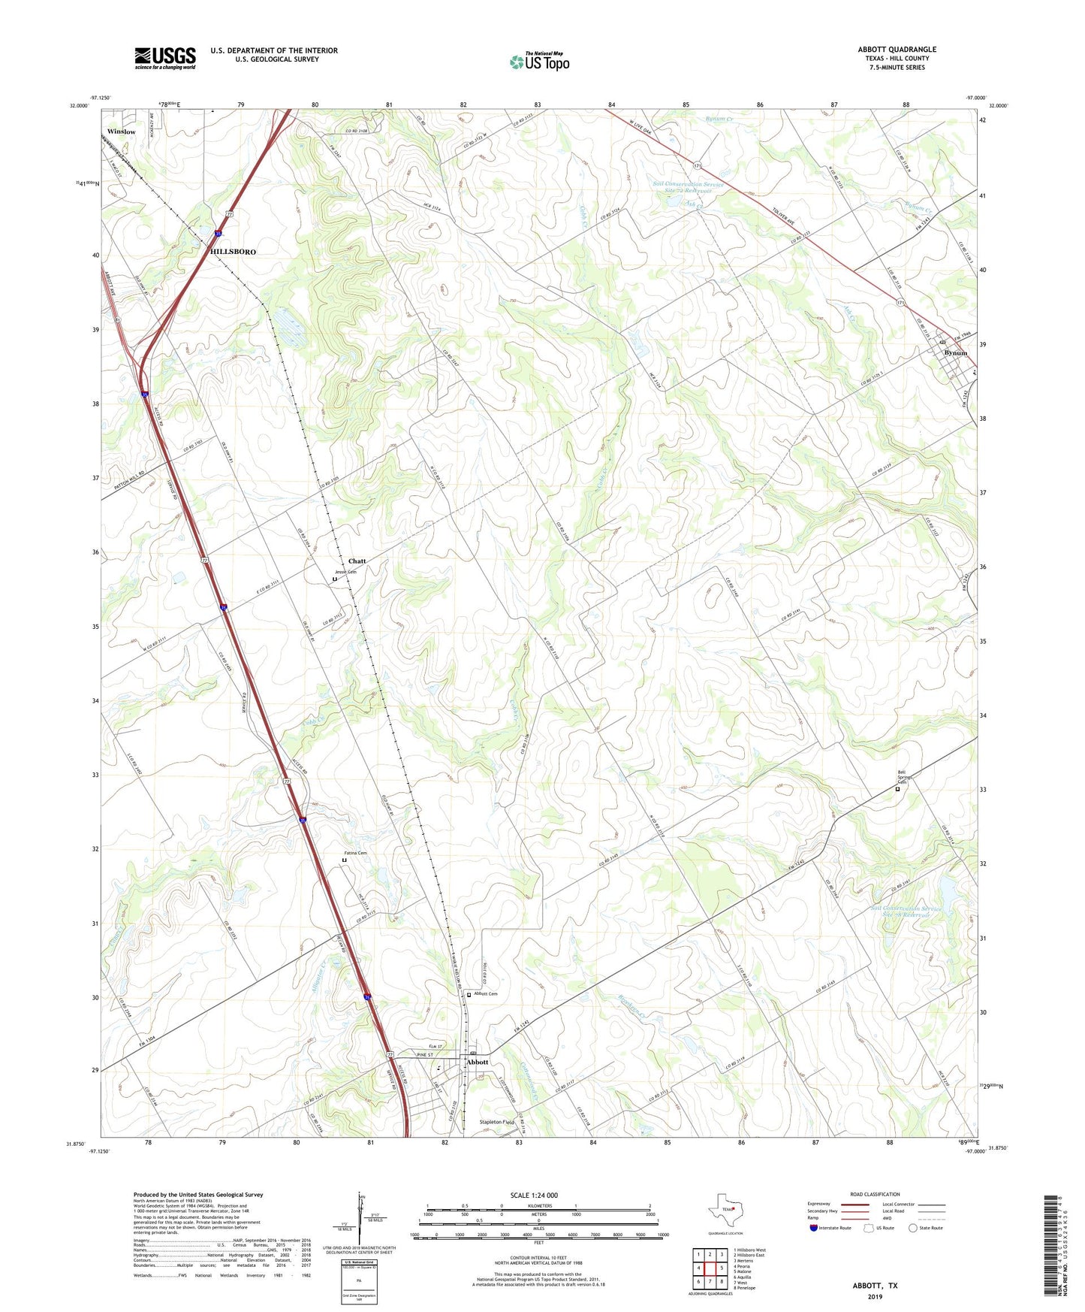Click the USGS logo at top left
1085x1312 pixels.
(164, 58)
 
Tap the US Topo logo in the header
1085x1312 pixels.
(538, 62)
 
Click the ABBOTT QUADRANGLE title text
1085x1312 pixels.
(897, 50)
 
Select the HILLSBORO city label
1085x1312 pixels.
(233, 252)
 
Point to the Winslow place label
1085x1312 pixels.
(121, 132)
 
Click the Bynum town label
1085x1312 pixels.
(955, 352)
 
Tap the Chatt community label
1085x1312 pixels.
(357, 561)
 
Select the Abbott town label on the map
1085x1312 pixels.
(478, 1062)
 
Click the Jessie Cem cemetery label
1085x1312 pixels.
(345, 572)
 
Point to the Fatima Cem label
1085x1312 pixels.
(355, 853)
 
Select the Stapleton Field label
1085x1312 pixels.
(497, 1122)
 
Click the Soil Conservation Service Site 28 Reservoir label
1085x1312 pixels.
(906, 911)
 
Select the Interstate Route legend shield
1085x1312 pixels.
(813, 1228)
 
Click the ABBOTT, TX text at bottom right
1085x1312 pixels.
(874, 1286)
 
